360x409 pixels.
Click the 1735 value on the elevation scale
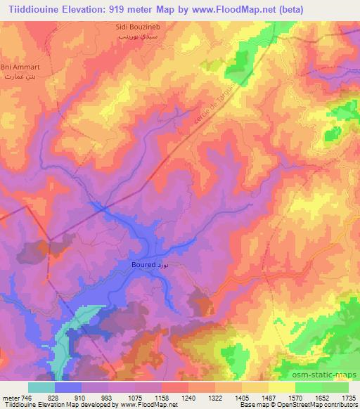tap(349, 398)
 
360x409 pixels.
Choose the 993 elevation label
tap(107, 398)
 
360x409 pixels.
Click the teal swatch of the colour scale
tap(41, 387)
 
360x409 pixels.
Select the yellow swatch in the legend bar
tap(282, 387)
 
